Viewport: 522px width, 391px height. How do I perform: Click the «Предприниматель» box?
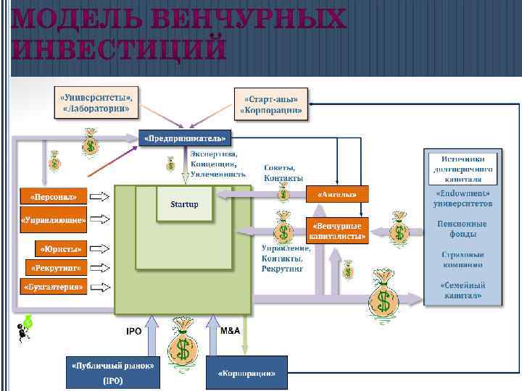click(184, 137)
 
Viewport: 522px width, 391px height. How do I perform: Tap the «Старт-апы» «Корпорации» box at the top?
click(270, 104)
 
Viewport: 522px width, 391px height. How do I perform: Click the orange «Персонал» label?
click(53, 196)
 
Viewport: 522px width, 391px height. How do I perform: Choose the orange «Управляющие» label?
click(53, 218)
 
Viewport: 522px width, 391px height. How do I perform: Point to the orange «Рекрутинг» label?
click(55, 267)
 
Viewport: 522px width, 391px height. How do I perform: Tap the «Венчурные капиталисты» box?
click(338, 230)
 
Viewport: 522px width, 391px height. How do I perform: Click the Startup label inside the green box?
click(184, 204)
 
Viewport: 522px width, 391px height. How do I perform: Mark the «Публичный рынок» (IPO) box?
click(112, 372)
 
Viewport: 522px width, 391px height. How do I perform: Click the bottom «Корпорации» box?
click(246, 373)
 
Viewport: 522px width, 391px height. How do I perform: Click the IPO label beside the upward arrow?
click(133, 331)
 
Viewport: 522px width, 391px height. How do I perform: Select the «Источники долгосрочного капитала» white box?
click(463, 168)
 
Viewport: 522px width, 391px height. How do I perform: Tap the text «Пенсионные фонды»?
click(462, 229)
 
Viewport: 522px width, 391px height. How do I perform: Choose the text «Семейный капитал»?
click(463, 290)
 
